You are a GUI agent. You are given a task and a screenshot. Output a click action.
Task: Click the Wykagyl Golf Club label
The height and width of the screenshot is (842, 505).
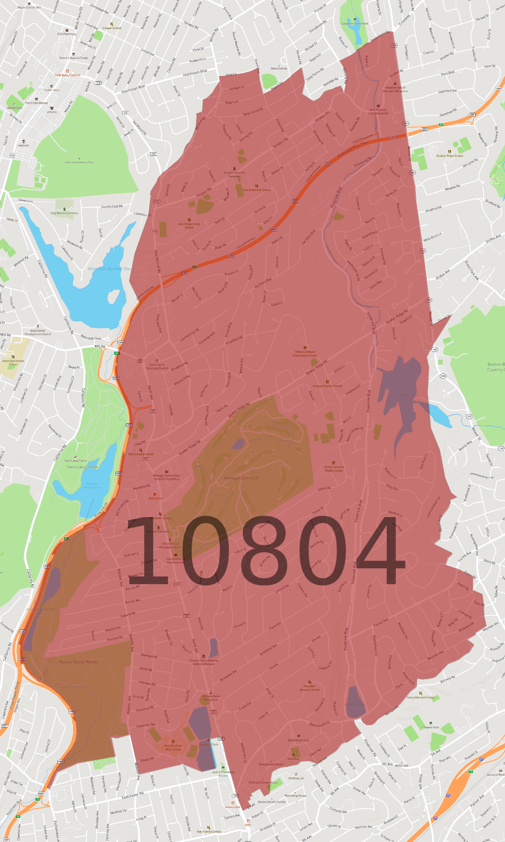tap(241, 478)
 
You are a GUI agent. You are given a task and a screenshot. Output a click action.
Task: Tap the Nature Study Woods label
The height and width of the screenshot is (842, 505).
tap(78, 662)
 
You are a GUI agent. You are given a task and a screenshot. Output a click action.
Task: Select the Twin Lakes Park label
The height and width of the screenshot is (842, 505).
tap(82, 467)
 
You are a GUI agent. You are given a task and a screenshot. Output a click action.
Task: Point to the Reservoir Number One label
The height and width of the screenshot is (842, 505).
tap(109, 269)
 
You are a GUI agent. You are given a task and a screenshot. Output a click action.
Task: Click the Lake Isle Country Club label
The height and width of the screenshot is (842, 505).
tap(79, 162)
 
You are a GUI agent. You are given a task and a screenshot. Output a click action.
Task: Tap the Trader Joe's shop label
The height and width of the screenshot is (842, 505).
tap(51, 90)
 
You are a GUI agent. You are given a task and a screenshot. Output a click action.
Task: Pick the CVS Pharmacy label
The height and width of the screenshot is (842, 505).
tap(67, 34)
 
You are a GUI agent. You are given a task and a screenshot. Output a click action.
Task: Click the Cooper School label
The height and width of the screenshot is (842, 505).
tap(112, 28)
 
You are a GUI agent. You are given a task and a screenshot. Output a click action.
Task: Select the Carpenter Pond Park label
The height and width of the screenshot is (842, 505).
tap(354, 24)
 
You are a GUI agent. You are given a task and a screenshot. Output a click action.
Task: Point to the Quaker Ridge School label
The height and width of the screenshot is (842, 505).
tap(450, 155)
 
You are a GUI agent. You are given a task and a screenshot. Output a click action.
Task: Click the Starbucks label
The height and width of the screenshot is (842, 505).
tap(155, 498)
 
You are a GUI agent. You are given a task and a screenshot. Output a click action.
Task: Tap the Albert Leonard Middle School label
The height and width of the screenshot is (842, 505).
tap(334, 469)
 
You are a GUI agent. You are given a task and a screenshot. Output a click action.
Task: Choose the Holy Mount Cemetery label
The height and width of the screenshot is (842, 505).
tap(64, 213)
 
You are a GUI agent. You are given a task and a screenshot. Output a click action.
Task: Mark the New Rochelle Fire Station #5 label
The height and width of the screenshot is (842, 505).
tap(379, 111)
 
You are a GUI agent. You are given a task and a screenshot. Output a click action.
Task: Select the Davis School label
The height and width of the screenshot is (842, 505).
tap(279, 68)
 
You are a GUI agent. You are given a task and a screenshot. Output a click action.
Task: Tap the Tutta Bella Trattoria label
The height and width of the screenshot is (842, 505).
tap(67, 75)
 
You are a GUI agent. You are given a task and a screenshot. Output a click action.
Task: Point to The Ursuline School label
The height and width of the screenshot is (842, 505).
tap(141, 454)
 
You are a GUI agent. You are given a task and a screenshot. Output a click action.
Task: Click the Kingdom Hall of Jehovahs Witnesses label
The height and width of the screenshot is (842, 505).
tap(395, 89)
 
